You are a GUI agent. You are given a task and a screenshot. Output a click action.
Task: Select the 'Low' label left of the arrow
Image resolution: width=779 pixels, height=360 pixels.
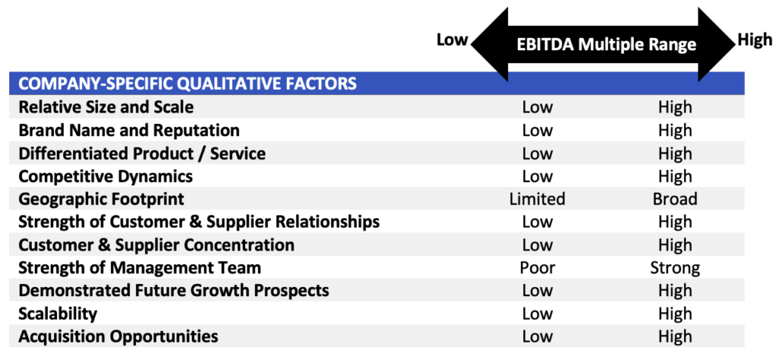tap(452, 40)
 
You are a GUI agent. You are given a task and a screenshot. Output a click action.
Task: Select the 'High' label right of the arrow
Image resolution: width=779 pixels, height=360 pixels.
tap(755, 40)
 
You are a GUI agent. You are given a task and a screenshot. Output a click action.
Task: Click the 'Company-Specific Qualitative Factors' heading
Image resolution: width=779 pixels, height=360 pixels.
tap(187, 83)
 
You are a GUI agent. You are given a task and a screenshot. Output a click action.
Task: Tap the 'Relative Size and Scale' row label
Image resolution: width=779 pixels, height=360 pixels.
tap(106, 107)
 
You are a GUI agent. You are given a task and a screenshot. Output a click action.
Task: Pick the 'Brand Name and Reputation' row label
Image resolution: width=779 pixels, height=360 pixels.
tap(129, 130)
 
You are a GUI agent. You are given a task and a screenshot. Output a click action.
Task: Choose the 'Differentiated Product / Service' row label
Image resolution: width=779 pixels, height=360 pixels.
tap(141, 153)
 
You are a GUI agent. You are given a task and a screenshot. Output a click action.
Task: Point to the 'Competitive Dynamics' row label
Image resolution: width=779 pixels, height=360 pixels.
tap(105, 176)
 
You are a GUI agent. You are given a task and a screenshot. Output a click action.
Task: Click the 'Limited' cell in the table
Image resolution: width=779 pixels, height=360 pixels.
tap(537, 199)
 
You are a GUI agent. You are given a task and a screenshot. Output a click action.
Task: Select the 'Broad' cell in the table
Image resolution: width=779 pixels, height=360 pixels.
tap(675, 199)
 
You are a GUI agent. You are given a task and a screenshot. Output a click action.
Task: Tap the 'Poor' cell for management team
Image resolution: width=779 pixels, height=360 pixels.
tap(537, 268)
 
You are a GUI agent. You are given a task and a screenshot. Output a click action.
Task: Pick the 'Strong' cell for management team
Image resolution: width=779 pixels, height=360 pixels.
tap(675, 268)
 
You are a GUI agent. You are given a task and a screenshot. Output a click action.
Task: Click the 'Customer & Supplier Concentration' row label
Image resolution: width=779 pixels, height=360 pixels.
tap(156, 245)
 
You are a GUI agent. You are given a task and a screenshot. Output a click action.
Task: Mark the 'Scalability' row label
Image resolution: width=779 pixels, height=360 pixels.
tap(58, 314)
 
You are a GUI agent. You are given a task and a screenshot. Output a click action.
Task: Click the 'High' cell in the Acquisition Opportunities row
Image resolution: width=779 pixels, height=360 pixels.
tap(675, 336)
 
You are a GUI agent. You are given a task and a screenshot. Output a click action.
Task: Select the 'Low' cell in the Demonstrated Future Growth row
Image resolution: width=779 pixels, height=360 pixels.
tap(537, 291)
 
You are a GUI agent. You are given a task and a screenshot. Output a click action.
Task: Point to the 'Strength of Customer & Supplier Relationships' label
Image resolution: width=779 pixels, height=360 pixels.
tap(199, 222)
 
